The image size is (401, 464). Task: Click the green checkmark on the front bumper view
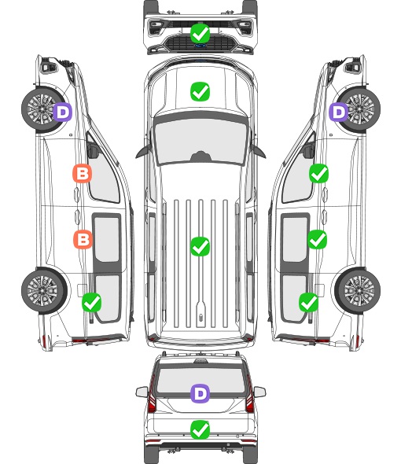pos(200,33)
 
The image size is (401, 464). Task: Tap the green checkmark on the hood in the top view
pos(200,91)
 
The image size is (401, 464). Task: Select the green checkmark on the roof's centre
pos(200,246)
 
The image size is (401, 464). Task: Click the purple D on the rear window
pos(200,393)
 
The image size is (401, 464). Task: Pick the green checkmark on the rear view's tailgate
pos(200,429)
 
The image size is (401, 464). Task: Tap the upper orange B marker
pos(83,173)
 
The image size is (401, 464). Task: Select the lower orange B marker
pos(83,239)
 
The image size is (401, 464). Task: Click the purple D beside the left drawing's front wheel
pos(63,112)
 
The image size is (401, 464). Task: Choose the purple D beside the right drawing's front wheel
pos(339,112)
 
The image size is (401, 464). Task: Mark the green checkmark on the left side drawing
pos(92,302)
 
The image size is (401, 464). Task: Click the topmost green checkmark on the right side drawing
pos(318,173)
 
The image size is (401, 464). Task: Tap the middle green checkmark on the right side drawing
pos(318,239)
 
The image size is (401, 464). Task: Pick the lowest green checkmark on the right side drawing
pos(309,302)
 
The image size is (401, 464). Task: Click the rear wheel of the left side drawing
pos(44,291)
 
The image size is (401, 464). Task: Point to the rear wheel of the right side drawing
pos(358,291)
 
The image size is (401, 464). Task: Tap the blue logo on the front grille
pos(200,46)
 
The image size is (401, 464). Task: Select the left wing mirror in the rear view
pos(142,392)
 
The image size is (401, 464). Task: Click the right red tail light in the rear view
pos(249,396)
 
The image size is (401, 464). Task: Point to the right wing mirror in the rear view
pos(259,392)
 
